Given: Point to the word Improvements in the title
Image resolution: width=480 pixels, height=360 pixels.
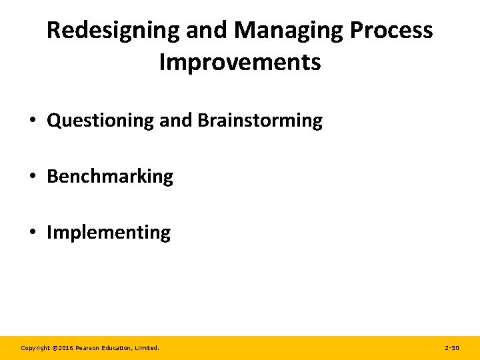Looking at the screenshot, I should pos(240,63).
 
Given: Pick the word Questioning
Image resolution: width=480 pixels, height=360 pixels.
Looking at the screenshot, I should pos(101,121).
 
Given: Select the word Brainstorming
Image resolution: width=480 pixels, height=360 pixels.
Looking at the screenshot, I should pos(260,121).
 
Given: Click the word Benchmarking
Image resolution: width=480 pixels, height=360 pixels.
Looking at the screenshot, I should pos(110,177).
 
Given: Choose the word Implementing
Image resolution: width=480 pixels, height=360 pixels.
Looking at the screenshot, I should pos(109,233).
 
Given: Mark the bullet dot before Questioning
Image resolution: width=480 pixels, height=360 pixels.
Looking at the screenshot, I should pos(32,121).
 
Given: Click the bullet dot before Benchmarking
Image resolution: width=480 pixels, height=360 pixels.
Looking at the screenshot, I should pos(32,177).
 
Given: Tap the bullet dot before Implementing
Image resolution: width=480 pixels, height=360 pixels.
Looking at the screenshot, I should pos(32,233).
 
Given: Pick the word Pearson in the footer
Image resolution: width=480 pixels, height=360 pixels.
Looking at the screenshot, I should pos(89,348).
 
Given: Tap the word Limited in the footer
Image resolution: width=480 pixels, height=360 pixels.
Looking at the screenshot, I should pos(147,348).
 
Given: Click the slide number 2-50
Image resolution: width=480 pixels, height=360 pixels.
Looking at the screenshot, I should pos(451,348).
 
